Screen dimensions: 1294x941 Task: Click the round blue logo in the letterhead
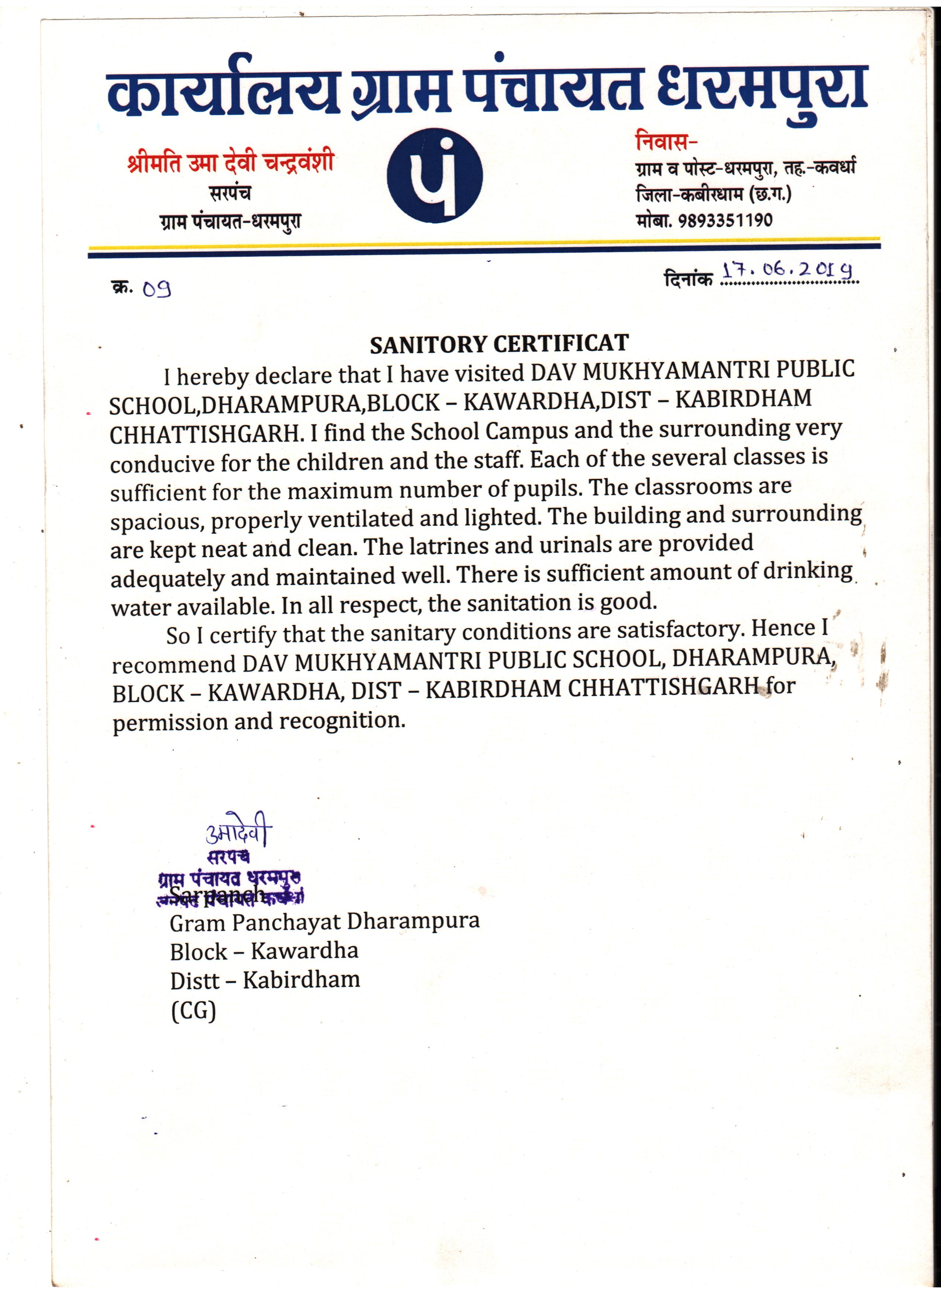point(434,175)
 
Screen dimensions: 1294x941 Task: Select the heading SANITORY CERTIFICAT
point(499,344)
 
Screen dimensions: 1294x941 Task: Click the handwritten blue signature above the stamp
point(238,834)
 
